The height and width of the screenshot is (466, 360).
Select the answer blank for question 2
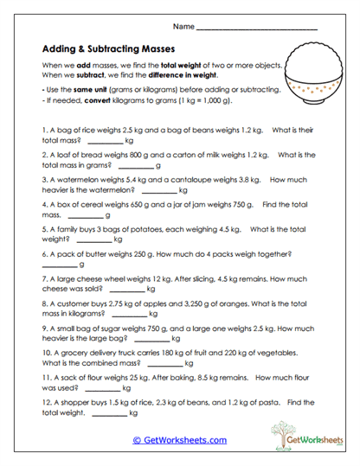pyautogui.click(x=134, y=165)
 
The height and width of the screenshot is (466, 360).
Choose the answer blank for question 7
pyautogui.click(x=127, y=290)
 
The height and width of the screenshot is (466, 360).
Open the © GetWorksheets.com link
pyautogui.click(x=179, y=439)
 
